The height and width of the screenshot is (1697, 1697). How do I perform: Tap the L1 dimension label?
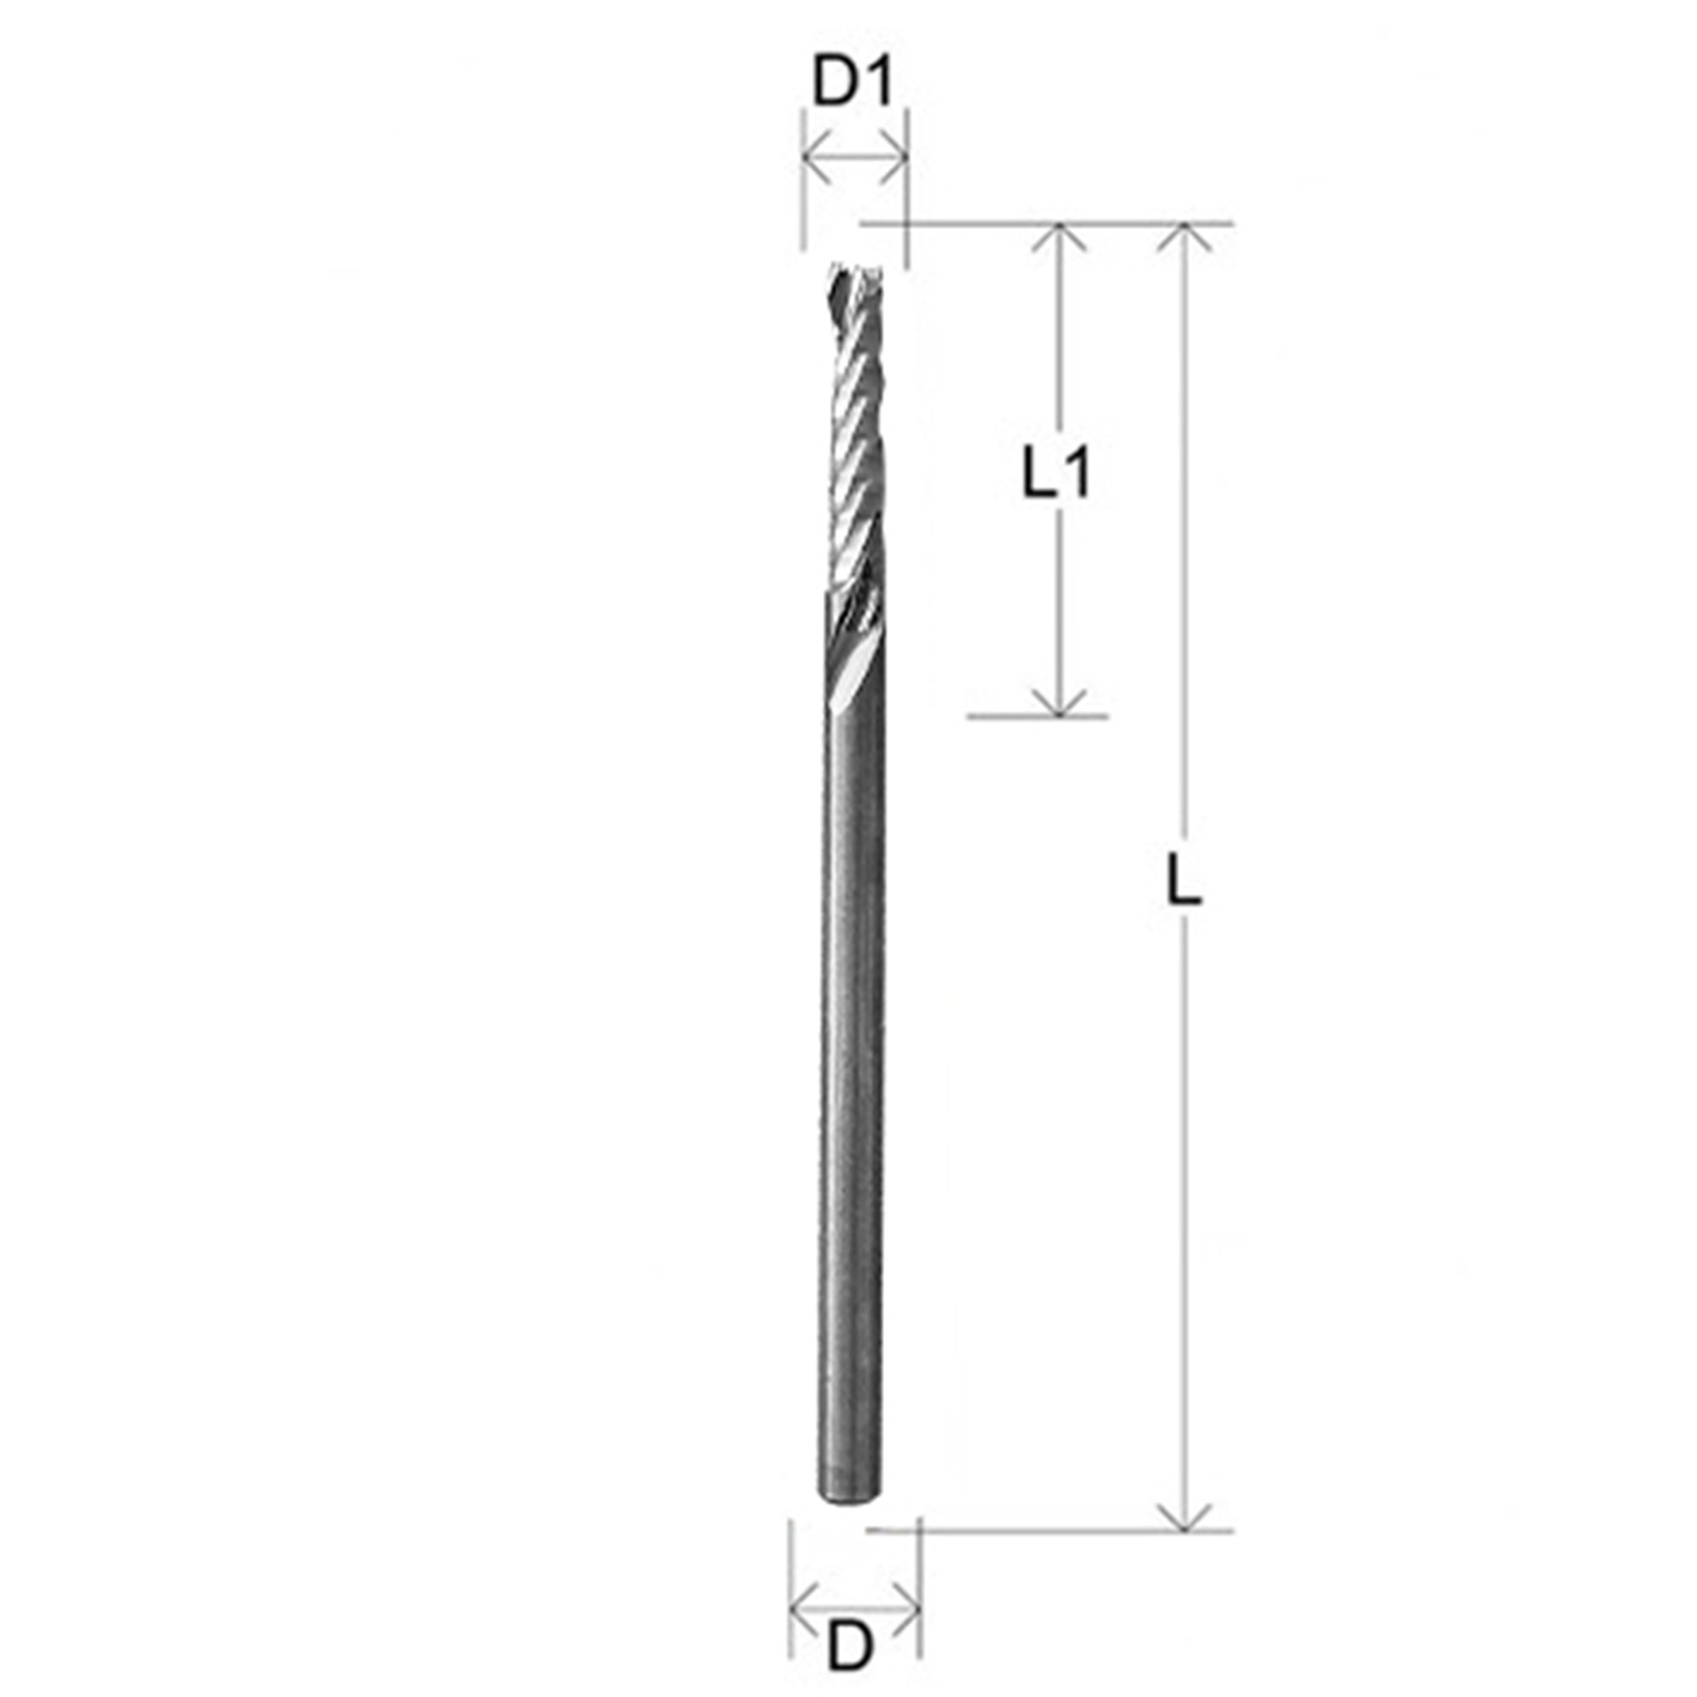tap(1056, 475)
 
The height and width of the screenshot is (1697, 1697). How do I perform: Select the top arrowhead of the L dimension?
tap(1185, 238)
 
